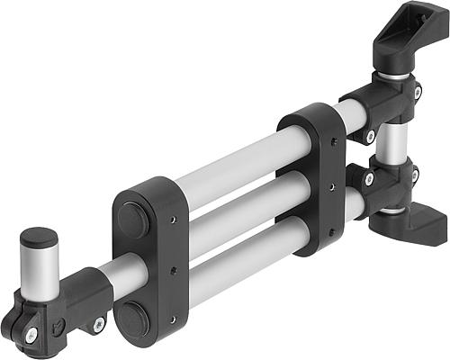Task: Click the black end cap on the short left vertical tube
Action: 39,238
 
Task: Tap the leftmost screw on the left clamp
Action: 31,334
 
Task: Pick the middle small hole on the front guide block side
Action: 175,271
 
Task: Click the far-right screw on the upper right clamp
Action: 417,91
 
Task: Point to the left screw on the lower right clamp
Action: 369,178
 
